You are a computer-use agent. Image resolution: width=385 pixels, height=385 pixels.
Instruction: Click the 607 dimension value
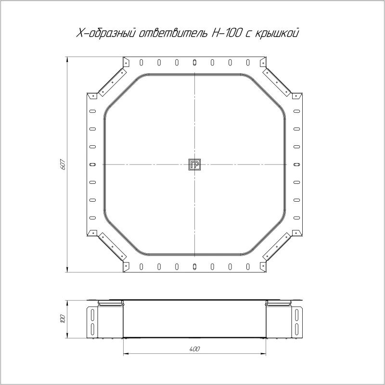tap(63, 164)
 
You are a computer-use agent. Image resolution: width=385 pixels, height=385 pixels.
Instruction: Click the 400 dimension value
tap(195, 349)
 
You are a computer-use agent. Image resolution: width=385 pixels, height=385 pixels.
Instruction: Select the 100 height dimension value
tap(63, 319)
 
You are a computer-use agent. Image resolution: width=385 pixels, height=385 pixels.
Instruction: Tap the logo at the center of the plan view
tap(194, 165)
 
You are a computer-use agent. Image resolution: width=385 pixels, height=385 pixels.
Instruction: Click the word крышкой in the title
tap(277, 33)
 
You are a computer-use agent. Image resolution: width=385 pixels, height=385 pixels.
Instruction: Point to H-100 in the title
tap(225, 33)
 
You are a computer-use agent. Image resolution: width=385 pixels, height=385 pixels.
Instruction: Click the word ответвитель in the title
tap(172, 33)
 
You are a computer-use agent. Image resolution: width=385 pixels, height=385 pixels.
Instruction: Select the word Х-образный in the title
tap(106, 33)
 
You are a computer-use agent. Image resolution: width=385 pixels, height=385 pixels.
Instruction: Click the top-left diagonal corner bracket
tap(113, 82)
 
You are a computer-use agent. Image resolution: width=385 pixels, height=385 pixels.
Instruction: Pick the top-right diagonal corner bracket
tap(277, 82)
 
